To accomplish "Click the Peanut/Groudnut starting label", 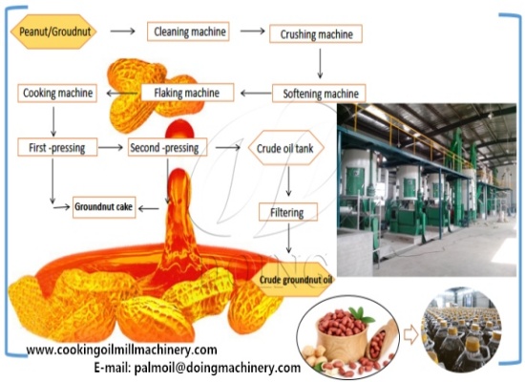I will point(53,32).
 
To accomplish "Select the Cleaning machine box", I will point(190,32).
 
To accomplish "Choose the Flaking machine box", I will point(187,93).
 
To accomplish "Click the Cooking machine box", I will point(56,93).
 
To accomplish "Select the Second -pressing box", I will point(168,147).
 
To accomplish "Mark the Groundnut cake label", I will point(104,205).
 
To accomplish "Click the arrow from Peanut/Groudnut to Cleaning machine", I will point(122,32).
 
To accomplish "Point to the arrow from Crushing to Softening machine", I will point(320,63).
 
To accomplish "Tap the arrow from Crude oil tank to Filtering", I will point(289,179).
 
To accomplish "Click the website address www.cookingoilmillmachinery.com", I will point(121,350).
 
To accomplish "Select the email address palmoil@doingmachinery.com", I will point(197,367).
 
